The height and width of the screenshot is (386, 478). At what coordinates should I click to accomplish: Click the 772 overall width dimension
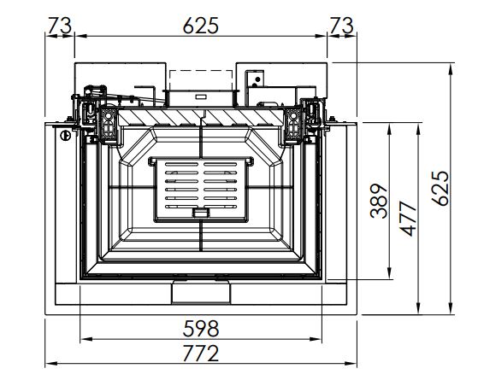(x=201, y=354)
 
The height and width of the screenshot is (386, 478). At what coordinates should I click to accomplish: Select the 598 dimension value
(x=201, y=329)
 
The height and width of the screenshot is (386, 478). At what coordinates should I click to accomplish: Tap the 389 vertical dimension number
(x=379, y=201)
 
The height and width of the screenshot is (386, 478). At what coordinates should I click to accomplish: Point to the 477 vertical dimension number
(x=408, y=219)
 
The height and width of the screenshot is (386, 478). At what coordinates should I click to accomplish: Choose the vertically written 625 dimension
(x=440, y=189)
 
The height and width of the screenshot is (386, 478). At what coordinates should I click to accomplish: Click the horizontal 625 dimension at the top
(x=201, y=26)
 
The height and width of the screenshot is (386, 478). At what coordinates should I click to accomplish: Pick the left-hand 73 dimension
(x=60, y=26)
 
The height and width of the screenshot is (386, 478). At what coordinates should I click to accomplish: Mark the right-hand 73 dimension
(x=342, y=26)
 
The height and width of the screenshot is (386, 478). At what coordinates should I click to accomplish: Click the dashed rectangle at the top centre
(x=201, y=80)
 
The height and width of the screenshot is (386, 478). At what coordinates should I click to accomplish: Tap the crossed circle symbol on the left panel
(x=66, y=136)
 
